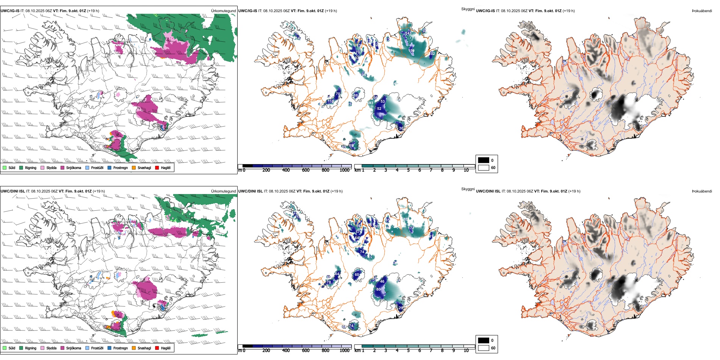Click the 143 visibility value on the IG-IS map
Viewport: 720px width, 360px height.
[408, 33]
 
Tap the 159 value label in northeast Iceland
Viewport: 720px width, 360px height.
[412, 50]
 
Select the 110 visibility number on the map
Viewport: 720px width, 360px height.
[330, 102]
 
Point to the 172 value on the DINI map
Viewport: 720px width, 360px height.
[412, 228]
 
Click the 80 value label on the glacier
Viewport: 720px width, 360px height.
[378, 290]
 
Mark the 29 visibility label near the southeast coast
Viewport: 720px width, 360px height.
[401, 308]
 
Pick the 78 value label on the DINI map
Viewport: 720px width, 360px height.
[329, 282]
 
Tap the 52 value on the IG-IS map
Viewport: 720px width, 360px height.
[379, 109]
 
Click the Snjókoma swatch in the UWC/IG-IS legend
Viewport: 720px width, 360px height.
[63, 167]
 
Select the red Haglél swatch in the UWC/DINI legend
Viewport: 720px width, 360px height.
[157, 348]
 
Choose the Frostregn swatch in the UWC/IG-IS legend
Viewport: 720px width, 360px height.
[110, 167]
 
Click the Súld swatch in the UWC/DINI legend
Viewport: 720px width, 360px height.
[5, 348]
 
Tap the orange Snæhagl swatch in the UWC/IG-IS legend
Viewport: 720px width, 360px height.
[134, 167]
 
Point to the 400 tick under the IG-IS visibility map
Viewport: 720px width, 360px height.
[286, 170]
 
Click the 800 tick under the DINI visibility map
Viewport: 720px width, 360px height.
[325, 351]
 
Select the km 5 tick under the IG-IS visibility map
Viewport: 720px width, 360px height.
[408, 170]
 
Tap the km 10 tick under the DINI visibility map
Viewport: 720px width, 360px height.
[466, 351]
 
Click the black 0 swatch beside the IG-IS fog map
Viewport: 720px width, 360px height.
[484, 160]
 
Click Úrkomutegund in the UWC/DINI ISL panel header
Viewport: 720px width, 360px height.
[223, 191]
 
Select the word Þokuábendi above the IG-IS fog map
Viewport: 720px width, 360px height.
[702, 11]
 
